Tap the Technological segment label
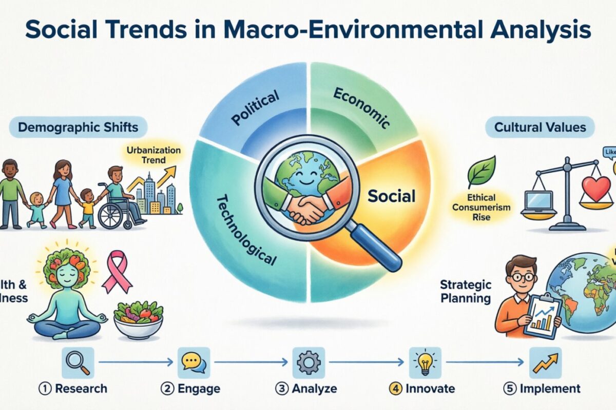coord(246,229)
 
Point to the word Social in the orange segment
coord(391,195)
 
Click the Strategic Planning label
coord(466,291)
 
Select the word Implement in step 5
coord(550,388)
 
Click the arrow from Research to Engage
coord(136,362)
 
